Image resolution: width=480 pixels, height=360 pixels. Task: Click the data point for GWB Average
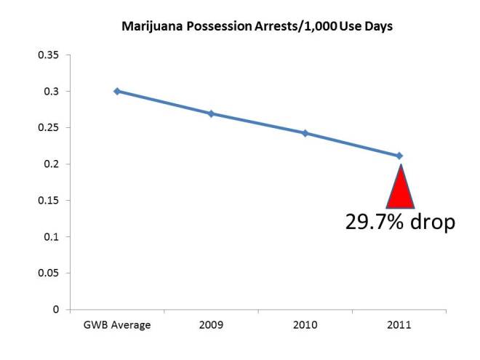click(x=116, y=91)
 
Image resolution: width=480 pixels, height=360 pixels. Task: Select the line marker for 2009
click(x=211, y=113)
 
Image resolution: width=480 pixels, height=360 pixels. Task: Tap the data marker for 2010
click(x=305, y=133)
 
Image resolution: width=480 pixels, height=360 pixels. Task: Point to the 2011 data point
click(x=399, y=156)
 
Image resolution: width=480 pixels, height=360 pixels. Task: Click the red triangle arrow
click(x=400, y=189)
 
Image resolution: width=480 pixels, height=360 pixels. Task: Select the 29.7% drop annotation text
click(x=400, y=221)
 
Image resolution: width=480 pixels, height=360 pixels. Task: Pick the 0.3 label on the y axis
click(x=53, y=91)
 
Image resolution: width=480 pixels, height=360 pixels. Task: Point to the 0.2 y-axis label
click(x=53, y=164)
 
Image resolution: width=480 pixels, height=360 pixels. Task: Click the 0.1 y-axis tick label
click(x=53, y=236)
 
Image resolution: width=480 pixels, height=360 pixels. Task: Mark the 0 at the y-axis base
click(x=57, y=309)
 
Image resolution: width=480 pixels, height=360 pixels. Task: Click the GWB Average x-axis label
click(x=116, y=325)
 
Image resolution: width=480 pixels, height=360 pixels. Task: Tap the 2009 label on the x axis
click(x=211, y=325)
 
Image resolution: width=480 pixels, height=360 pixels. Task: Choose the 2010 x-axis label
click(x=305, y=325)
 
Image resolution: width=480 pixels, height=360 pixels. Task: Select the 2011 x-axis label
click(x=399, y=325)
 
